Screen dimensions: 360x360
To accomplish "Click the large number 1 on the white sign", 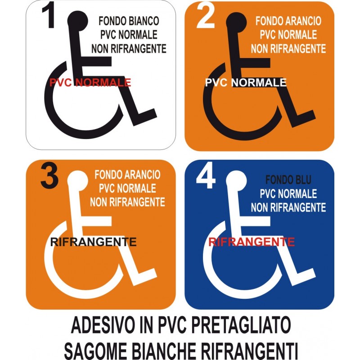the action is (49, 15).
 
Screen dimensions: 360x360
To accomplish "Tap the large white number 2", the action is (206, 16).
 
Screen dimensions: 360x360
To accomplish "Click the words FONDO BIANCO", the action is (129, 21).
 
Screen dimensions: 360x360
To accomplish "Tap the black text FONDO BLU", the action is (288, 180).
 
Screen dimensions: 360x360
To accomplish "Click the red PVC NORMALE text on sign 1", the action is (90, 82).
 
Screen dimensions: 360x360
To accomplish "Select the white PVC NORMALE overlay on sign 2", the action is (246, 82).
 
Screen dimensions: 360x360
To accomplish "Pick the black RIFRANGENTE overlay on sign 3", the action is (93, 242).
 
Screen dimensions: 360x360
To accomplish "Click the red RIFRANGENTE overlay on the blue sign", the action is (252, 242).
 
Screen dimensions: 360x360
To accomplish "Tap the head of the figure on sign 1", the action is (77, 21).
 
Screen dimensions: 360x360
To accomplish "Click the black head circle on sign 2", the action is (236, 22).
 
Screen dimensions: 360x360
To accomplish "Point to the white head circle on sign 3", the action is (77, 181).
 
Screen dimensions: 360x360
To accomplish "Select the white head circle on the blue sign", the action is (236, 181).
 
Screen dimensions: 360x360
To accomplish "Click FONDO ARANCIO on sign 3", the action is (127, 175).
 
